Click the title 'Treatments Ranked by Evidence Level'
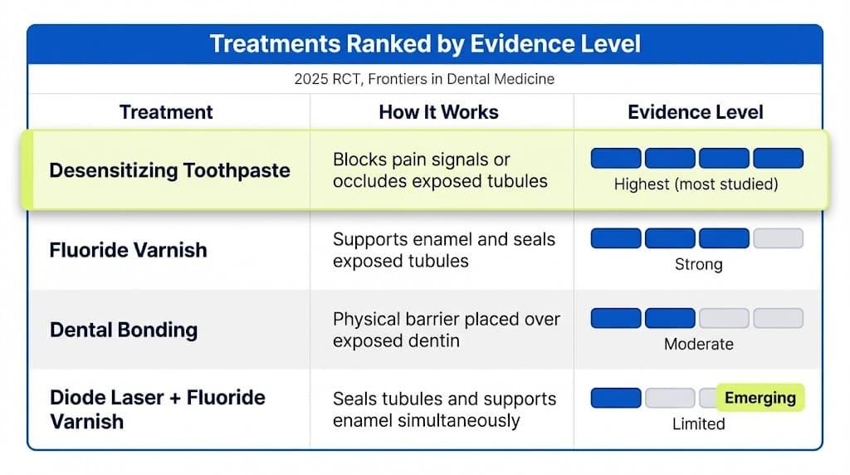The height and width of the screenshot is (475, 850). [424, 44]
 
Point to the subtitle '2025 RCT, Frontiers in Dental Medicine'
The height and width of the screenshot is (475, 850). [424, 80]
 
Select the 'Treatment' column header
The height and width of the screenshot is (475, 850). [166, 112]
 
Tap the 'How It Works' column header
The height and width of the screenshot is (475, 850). [438, 112]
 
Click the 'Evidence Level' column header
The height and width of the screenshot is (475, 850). [696, 112]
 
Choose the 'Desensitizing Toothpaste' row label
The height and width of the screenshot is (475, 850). [169, 171]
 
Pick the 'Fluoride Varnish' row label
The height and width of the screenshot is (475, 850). [129, 250]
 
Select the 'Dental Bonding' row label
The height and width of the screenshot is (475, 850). [124, 330]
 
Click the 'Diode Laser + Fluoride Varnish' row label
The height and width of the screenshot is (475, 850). [158, 409]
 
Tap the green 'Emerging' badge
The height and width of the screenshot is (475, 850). [760, 398]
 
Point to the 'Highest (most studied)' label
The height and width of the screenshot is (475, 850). [696, 184]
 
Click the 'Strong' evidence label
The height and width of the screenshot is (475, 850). [698, 265]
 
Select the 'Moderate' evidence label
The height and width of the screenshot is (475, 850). [698, 344]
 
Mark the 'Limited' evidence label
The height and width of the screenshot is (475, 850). [698, 424]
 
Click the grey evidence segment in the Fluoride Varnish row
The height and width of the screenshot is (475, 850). [778, 239]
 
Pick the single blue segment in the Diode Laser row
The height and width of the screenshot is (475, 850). [616, 399]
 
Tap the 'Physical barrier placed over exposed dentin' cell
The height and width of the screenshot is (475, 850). [446, 330]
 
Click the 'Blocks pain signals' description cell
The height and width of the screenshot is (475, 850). [440, 170]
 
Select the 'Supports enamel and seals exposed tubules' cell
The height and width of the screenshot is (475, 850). [443, 250]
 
